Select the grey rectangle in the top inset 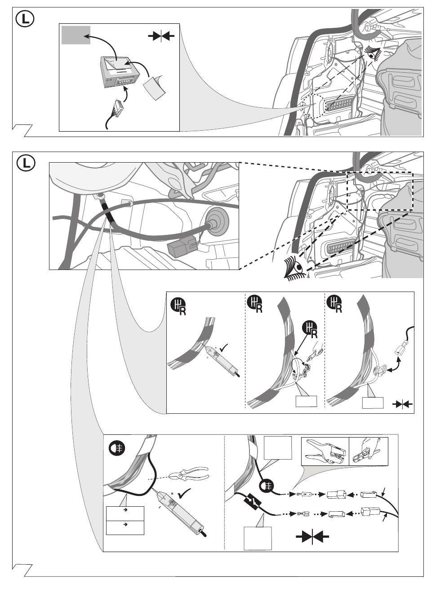[x=76, y=35]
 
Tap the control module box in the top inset [x=119, y=72]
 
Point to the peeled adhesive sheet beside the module [x=155, y=87]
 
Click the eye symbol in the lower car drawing [x=295, y=268]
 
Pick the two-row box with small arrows [x=125, y=520]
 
